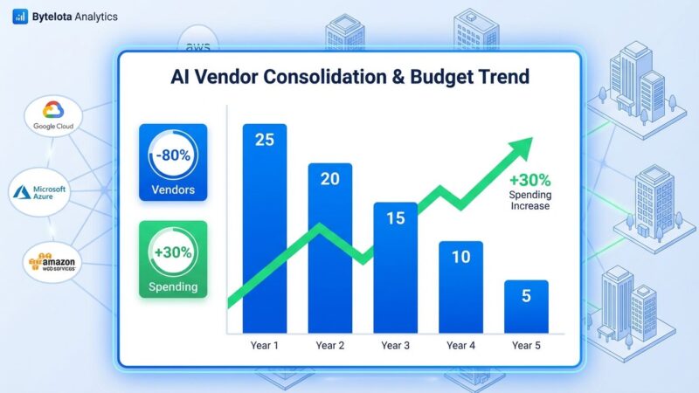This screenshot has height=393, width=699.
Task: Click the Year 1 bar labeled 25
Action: (x=264, y=227)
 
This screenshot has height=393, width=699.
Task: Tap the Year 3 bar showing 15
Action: (x=395, y=266)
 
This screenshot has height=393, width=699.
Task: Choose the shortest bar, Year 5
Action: (x=526, y=306)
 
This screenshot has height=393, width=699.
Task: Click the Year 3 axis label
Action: (x=395, y=346)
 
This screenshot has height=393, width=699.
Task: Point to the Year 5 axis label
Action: (x=526, y=346)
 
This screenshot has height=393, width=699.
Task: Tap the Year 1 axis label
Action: (x=264, y=346)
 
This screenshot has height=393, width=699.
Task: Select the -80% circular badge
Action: (x=172, y=156)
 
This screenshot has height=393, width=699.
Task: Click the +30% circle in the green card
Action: (x=172, y=253)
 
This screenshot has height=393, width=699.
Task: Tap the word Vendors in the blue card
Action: (x=172, y=190)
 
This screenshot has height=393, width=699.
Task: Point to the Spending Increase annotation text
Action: (x=529, y=200)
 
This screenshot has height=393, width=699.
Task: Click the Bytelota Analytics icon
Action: (x=19, y=17)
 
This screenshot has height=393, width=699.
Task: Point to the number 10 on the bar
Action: (x=460, y=257)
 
